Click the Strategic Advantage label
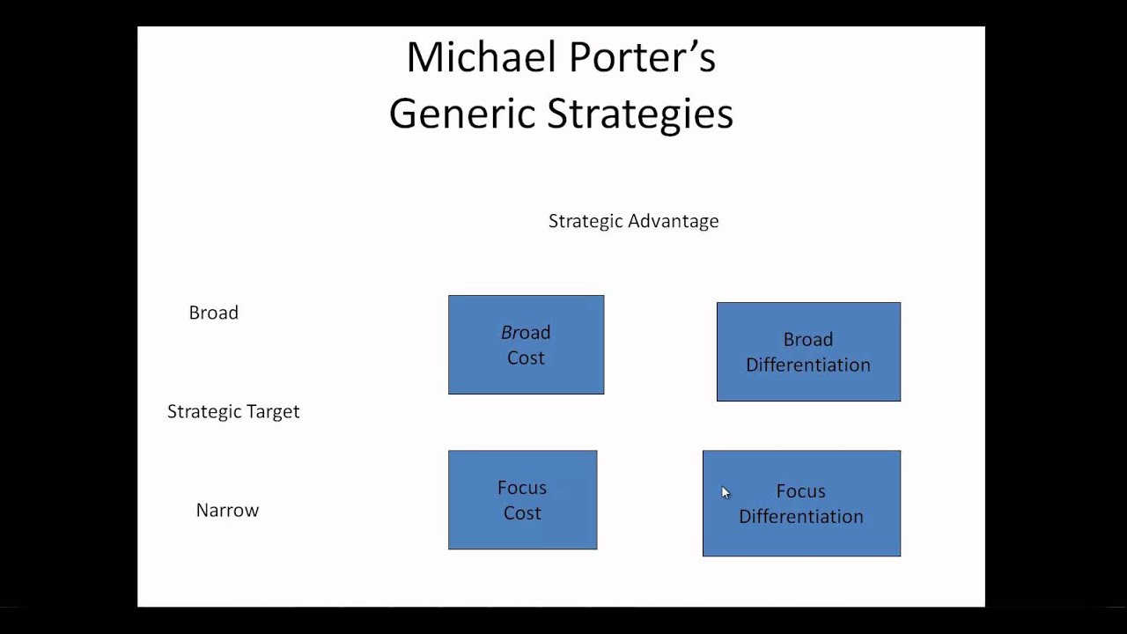(633, 221)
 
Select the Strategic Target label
(233, 411)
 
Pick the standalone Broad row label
(213, 313)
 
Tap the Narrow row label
(227, 511)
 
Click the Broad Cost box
(526, 344)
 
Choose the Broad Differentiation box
(808, 351)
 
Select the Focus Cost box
(522, 499)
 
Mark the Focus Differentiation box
(801, 503)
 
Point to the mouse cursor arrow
(725, 492)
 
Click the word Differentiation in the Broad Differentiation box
(808, 365)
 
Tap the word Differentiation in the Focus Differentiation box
(801, 517)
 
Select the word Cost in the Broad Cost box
(526, 358)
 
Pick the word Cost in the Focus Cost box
(522, 513)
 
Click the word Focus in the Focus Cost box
(522, 488)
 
